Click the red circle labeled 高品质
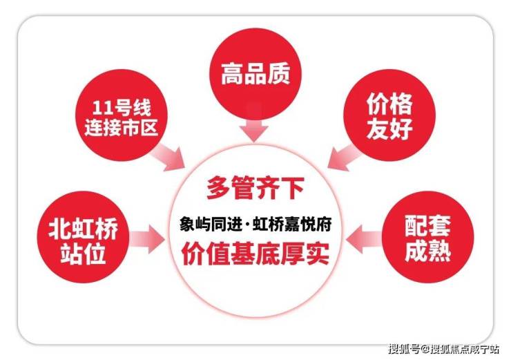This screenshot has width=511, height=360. click(256, 75)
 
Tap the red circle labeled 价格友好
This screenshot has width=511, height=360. click(389, 115)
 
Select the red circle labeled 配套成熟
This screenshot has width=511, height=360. click(427, 237)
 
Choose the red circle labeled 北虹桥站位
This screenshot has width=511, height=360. click(83, 237)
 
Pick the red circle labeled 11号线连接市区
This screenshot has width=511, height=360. click(122, 115)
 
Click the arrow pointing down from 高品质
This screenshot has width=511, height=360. click(254, 126)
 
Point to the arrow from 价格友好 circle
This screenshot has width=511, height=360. click(345, 157)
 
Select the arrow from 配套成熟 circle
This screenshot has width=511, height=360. click(364, 239)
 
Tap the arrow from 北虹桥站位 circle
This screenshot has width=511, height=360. click(147, 239)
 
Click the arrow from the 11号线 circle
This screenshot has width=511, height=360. click(168, 157)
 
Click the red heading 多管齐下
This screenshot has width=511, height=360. click(256, 188)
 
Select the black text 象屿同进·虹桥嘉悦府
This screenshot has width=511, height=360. click(256, 224)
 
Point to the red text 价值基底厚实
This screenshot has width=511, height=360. click(256, 254)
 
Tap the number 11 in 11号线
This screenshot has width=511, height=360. click(100, 108)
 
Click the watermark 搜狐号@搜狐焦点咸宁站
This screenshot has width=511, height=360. click(443, 348)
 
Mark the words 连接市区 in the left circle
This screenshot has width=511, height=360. click(122, 127)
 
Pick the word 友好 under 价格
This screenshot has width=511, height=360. click(389, 129)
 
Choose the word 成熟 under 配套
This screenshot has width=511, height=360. click(427, 250)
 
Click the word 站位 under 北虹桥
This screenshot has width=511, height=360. click(83, 254)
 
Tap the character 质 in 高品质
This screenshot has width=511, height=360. click(279, 74)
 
